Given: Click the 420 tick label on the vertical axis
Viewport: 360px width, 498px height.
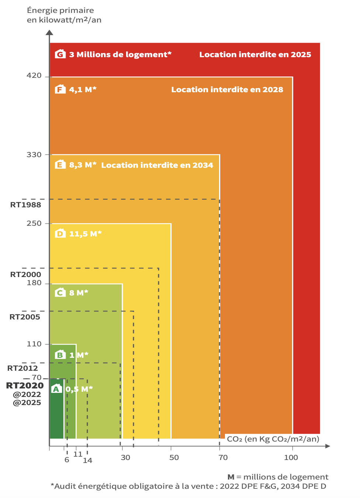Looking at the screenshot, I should (x=34, y=76).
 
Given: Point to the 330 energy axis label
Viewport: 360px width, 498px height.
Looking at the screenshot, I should (x=34, y=155).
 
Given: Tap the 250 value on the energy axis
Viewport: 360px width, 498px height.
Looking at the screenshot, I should (x=34, y=223).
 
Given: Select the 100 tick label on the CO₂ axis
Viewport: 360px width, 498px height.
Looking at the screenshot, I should (x=291, y=457).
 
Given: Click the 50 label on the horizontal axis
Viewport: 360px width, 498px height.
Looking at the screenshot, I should (x=174, y=457).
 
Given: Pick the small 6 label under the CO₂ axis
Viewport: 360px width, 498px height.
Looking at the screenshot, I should (x=67, y=460).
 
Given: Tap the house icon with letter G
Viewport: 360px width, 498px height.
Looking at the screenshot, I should (x=60, y=54).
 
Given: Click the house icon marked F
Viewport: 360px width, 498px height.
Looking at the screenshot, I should (x=60, y=89).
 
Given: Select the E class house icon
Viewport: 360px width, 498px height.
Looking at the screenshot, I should (x=60, y=165).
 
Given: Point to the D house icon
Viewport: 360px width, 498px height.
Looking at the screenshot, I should (x=60, y=234).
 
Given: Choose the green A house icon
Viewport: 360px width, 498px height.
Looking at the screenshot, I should (x=56, y=389).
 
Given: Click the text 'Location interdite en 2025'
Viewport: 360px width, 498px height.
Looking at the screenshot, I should (x=255, y=55).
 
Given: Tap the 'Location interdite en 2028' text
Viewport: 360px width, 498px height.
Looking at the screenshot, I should (x=227, y=90).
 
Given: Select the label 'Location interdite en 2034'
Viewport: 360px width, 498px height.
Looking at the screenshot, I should (x=157, y=165).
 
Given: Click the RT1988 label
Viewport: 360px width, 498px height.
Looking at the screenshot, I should (x=25, y=205).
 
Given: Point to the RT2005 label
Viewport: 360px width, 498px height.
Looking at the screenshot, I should (x=25, y=317).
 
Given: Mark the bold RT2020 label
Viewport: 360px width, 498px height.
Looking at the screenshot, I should (x=25, y=385).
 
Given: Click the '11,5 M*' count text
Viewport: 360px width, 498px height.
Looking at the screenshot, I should (x=85, y=234).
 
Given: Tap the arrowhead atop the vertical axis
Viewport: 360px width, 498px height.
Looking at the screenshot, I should (x=49, y=32).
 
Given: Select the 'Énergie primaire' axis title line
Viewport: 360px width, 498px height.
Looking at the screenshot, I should (x=60, y=10).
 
